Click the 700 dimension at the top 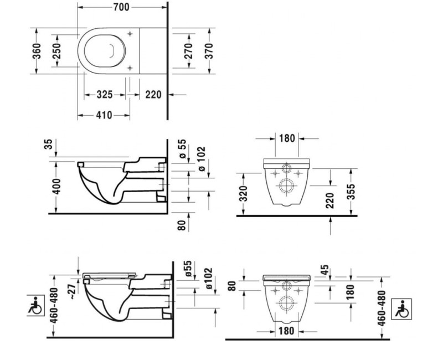coord(121,7)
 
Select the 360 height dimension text coord(37,51)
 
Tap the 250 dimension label coord(56,51)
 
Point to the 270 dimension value coord(188,51)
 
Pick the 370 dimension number coord(209,51)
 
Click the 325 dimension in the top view coord(105,95)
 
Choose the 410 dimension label coord(104,115)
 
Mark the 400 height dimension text coord(56,186)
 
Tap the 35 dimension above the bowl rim coord(49,144)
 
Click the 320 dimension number coord(243,193)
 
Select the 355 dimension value coord(351,192)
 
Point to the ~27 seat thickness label coord(73,291)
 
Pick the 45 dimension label coord(324,270)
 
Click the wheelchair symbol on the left coord(35,305)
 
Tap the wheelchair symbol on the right coord(401,309)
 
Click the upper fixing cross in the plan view coord(130,34)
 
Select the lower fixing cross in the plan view coord(130,68)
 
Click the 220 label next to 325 coord(153,95)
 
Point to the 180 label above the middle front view coord(287,138)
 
